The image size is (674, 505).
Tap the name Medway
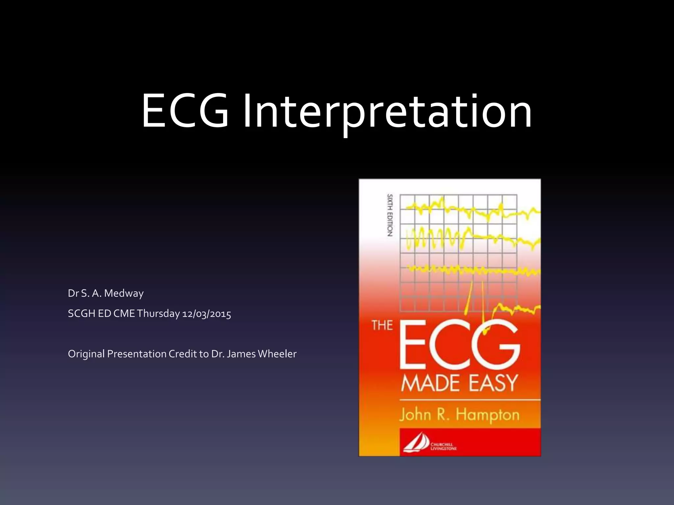pyautogui.click(x=124, y=293)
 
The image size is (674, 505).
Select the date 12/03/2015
pyautogui.click(x=207, y=314)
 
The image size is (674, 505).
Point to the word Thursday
pyautogui.click(x=158, y=314)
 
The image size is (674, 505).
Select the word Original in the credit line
pyautogui.click(x=86, y=354)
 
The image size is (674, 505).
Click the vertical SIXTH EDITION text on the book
pyautogui.click(x=390, y=215)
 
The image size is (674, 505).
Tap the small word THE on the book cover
pyautogui.click(x=382, y=325)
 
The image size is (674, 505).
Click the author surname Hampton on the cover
pyautogui.click(x=487, y=415)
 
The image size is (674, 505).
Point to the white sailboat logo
pyautogui.click(x=416, y=443)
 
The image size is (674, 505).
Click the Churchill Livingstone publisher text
pyautogui.click(x=443, y=446)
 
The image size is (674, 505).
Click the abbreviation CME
pyautogui.click(x=124, y=314)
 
